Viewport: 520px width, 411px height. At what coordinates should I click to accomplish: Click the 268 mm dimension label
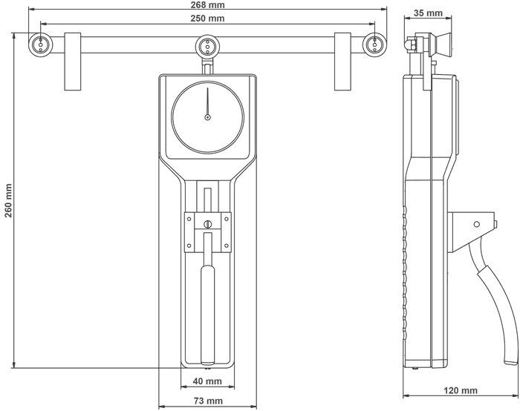point(207,5)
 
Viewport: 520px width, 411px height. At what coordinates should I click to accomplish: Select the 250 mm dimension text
point(207,19)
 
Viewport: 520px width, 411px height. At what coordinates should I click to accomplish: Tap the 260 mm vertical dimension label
point(9,201)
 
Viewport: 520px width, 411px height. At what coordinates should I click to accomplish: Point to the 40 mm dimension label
point(207,381)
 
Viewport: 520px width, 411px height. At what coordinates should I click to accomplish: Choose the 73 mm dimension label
point(207,401)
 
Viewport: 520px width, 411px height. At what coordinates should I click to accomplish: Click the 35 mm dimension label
point(428,13)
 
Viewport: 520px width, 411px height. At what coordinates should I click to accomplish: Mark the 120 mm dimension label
point(461,391)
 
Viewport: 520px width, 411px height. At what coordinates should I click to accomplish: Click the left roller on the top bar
point(40,45)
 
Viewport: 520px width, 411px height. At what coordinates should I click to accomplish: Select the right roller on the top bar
point(374,45)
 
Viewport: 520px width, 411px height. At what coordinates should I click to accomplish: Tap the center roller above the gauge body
point(207,46)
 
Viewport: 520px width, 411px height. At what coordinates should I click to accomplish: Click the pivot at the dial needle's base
point(207,117)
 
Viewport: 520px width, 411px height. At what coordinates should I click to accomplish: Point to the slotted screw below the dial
point(207,224)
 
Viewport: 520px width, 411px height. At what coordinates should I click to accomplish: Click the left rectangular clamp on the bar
point(73,62)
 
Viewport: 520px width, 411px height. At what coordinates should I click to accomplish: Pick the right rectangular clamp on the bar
point(342,62)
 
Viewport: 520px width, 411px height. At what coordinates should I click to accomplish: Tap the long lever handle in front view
point(207,315)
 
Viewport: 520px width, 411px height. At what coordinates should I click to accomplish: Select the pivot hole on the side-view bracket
point(477,224)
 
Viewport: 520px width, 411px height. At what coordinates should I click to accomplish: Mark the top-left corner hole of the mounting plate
point(189,219)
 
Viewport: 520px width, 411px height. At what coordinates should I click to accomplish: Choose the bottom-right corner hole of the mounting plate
point(227,246)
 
